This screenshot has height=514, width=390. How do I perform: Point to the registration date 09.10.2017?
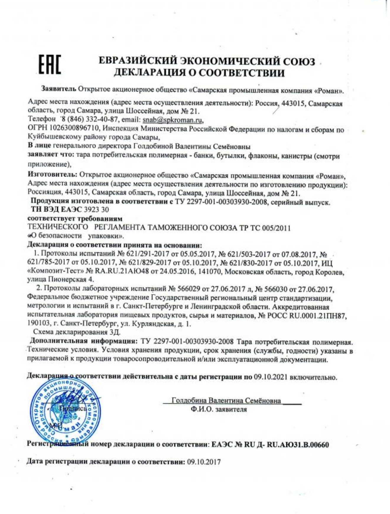204,462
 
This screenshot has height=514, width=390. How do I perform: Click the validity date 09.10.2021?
271,377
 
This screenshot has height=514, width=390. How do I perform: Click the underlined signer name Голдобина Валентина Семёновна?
226,401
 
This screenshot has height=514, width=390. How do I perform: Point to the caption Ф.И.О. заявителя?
219,410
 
